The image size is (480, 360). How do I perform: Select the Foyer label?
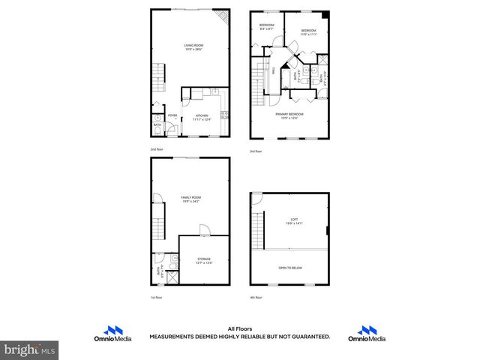[x=172, y=115]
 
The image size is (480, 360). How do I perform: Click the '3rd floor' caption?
[x=256, y=151]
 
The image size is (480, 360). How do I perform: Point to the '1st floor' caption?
[x=156, y=297]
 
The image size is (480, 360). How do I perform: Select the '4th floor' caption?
[x=256, y=297]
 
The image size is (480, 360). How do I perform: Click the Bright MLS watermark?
[x=28, y=349]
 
